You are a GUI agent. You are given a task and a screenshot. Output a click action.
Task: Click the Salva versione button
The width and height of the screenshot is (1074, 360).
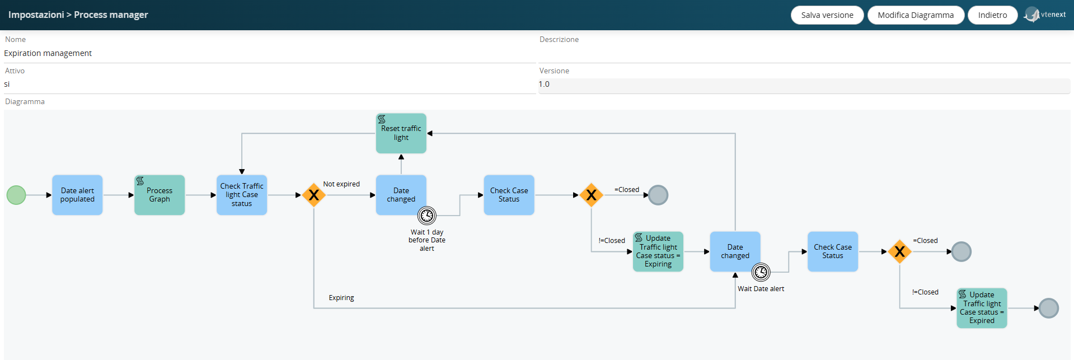[827, 15]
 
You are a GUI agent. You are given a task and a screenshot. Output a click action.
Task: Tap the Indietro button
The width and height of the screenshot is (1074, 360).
[992, 15]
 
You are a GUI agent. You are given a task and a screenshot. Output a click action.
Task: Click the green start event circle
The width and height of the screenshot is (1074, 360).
[16, 195]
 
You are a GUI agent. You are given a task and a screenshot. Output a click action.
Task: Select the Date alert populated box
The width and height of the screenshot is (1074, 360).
[77, 195]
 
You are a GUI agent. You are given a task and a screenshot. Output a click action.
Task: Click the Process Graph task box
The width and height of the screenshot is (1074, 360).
[160, 195]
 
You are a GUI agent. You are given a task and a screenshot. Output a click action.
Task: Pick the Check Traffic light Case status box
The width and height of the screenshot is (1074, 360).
[242, 195]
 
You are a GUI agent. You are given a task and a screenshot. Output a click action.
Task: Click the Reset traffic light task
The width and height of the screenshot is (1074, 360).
[401, 133]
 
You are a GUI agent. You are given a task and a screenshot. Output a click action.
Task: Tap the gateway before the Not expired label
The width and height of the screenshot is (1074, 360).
[314, 195]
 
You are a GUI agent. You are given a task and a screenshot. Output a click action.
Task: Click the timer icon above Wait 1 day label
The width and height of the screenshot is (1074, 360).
[427, 216]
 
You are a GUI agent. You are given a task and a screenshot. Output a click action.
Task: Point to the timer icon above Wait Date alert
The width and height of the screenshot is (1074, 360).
[761, 272]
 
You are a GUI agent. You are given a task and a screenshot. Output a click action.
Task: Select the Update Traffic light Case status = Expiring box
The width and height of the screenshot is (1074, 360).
[658, 251]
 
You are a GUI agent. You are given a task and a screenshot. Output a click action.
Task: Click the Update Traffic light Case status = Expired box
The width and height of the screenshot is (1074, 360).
[982, 308]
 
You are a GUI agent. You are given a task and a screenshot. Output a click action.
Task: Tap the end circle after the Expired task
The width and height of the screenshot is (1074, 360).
[1049, 308]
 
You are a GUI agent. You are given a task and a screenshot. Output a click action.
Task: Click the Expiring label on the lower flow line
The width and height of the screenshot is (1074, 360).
[341, 298]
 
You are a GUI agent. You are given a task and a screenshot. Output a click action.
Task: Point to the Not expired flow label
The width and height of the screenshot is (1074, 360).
[341, 184]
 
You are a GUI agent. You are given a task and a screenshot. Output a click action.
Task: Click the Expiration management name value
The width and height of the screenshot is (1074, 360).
[48, 53]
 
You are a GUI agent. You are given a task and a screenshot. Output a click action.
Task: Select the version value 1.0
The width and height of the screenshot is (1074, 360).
[544, 84]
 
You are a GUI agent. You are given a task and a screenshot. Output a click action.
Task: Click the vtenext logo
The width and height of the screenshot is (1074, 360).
[1045, 15]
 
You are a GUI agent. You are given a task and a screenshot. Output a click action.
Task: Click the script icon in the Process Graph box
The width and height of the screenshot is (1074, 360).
[140, 181]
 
